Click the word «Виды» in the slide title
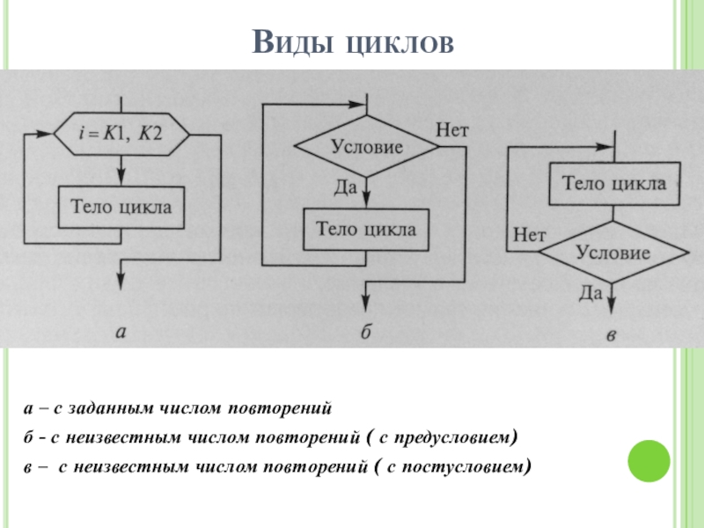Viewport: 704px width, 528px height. [x=293, y=42]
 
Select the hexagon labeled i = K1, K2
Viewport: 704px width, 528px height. [x=121, y=134]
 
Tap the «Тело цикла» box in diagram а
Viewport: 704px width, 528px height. [x=121, y=208]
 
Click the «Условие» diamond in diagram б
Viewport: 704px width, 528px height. [x=366, y=146]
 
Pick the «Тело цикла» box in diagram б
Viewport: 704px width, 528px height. [x=366, y=230]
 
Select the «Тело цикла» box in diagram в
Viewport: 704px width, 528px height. [x=614, y=184]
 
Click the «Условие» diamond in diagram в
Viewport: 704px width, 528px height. [x=613, y=253]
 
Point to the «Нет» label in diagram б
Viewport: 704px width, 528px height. [x=452, y=130]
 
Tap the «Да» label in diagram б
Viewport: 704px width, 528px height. [x=345, y=187]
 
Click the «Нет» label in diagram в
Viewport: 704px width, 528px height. [x=530, y=235]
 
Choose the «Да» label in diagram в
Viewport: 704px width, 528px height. [x=590, y=293]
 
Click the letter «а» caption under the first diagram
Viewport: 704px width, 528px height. [x=121, y=333]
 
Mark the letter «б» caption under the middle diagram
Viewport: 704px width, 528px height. [x=366, y=332]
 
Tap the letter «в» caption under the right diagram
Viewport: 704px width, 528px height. [x=611, y=335]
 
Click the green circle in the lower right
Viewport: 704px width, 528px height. [x=649, y=461]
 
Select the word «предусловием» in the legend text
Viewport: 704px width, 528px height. [x=453, y=438]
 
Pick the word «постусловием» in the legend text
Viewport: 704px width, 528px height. [x=463, y=468]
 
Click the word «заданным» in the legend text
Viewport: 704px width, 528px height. [x=111, y=409]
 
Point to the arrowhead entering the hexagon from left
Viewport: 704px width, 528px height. [x=45, y=134]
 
